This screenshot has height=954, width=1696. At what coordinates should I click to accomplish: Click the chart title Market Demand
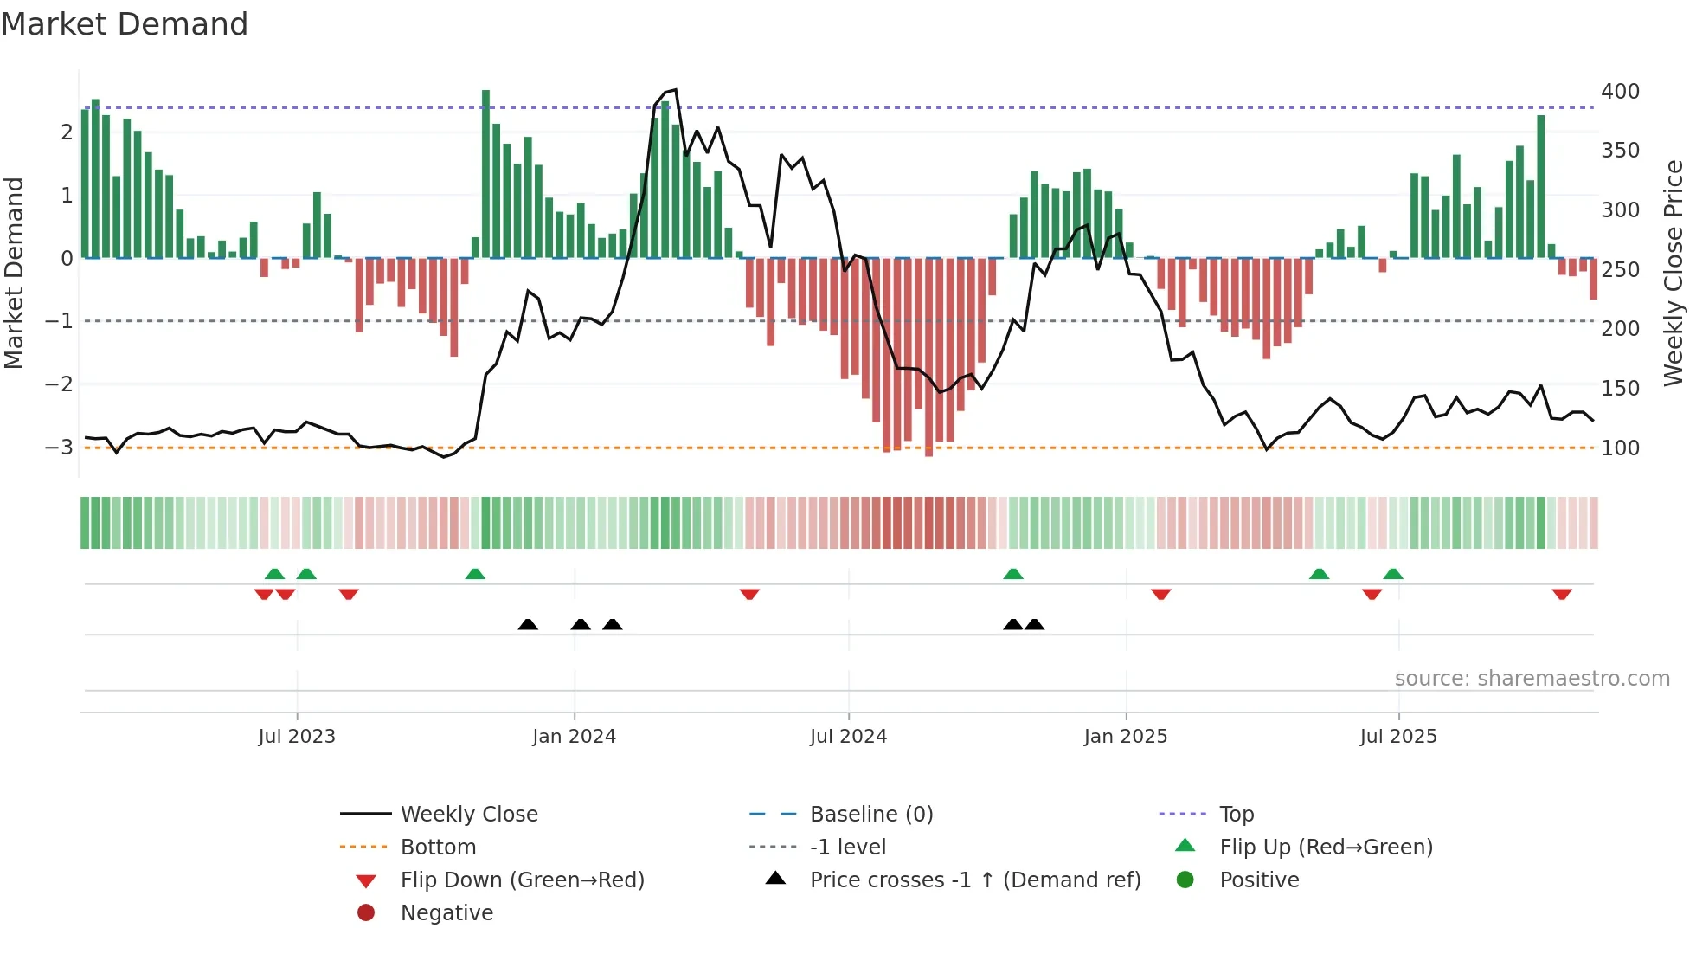pos(125,24)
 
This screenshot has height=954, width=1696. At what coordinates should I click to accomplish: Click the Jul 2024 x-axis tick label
pos(848,737)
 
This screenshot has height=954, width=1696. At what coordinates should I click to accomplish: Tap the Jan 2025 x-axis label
pos(1125,737)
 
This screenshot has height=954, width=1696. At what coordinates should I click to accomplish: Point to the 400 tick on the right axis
pos(1620,92)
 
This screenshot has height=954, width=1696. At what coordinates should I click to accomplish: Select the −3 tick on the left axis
pos(59,448)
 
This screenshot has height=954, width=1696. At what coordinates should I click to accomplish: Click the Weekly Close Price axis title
pos(1674,273)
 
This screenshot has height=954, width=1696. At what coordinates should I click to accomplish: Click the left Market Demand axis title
pos(15,273)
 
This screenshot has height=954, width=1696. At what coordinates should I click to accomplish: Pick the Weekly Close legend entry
pos(468,815)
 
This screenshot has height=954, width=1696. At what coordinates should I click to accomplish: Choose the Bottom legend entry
pos(438,848)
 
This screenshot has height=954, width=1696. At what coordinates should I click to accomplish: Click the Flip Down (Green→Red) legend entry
pos(522,880)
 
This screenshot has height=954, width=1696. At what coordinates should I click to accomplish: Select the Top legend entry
pos(1236,815)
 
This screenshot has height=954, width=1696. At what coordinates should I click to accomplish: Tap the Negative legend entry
pos(446,913)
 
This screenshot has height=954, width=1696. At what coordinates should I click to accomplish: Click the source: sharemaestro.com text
pos(1532,679)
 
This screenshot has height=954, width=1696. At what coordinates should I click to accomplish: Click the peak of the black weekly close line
pos(675,90)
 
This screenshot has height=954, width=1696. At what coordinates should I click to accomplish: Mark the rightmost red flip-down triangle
pos(1561,594)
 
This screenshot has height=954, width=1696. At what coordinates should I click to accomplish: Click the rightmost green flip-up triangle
pos(1392,574)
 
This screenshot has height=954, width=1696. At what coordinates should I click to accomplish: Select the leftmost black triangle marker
pos(528,624)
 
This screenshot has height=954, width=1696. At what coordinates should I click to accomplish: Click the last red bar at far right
pos(1593,279)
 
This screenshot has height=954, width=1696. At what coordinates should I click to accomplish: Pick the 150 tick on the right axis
pos(1620,389)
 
